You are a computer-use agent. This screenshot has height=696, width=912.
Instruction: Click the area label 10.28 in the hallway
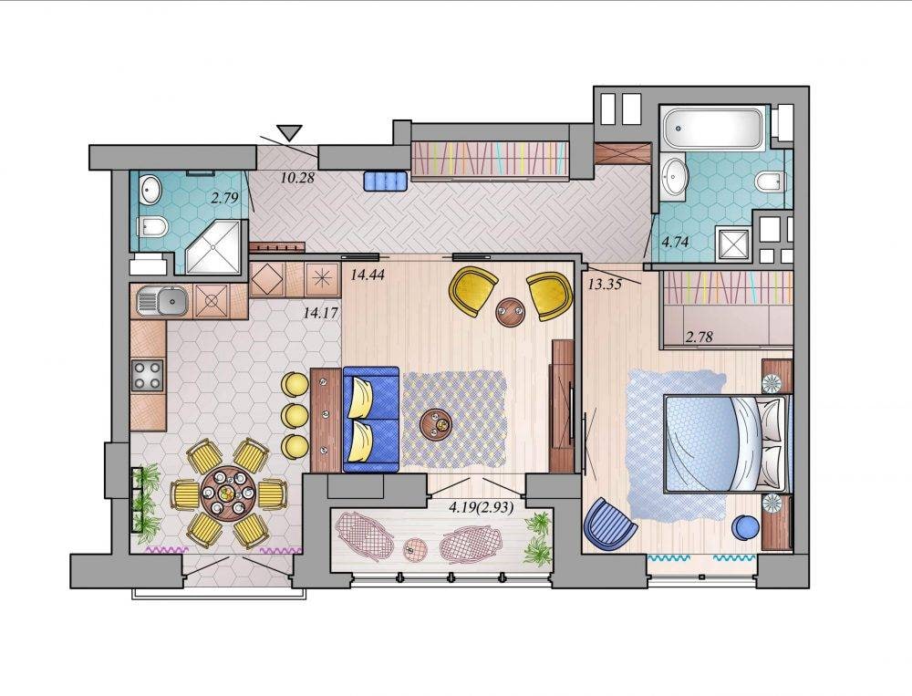297,178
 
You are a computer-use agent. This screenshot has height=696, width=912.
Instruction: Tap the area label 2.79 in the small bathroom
224,197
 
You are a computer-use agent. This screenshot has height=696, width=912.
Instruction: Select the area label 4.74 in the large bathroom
676,242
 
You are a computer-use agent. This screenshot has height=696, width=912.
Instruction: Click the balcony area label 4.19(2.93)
481,507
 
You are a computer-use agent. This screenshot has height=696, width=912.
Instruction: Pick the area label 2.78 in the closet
700,337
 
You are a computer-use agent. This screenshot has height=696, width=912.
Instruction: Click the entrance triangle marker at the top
289,133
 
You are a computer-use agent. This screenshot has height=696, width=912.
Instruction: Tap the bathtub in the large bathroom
714,129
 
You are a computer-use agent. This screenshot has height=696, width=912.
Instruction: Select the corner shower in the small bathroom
212,246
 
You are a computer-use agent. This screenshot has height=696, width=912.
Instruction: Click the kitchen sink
163,301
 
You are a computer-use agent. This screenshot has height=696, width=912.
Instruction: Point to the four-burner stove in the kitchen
147,375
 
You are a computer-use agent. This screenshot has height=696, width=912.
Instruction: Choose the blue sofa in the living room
371,419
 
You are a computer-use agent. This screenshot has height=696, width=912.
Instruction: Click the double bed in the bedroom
728,442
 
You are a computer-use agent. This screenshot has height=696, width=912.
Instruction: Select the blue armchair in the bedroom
608,523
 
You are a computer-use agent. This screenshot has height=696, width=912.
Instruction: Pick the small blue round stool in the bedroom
745,527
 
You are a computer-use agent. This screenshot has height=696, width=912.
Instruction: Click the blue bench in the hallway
386,181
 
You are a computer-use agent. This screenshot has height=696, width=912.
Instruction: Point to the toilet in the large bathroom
772,181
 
